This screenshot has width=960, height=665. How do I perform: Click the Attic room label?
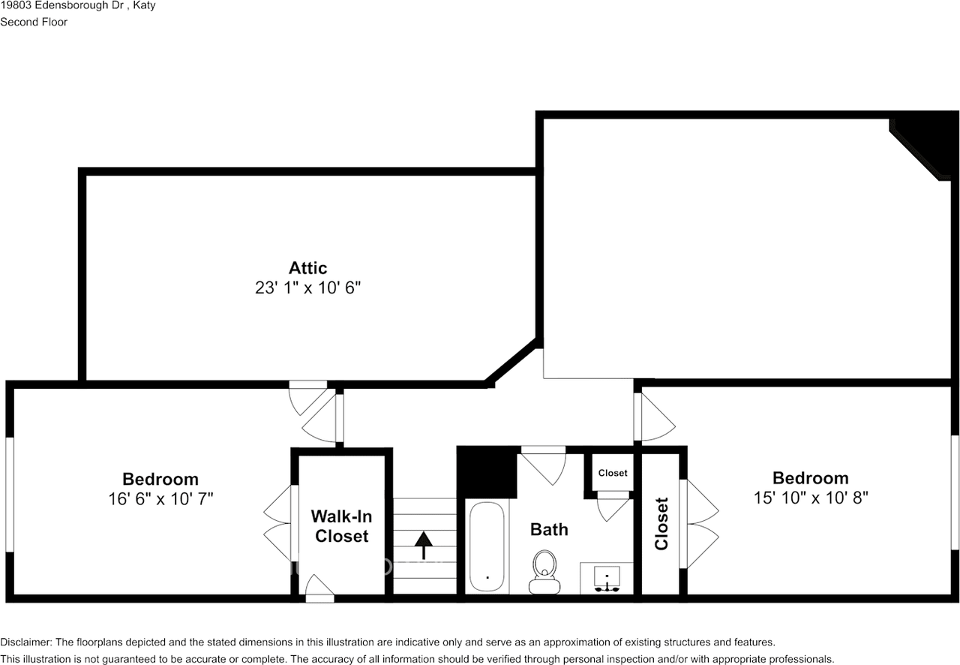click(307, 268)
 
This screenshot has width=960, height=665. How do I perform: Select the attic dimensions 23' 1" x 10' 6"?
click(307, 287)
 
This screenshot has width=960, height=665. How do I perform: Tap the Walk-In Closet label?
click(340, 526)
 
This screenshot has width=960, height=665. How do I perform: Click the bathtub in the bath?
click(487, 547)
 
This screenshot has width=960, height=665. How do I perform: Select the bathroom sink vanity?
click(606, 578)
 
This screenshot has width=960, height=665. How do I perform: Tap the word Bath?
click(549, 530)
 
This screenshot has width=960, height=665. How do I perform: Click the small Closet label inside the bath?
click(613, 473)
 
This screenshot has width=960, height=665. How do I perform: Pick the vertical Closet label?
click(661, 524)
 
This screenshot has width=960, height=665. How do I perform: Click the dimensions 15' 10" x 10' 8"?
click(811, 497)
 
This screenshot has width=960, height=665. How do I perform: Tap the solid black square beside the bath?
click(486, 472)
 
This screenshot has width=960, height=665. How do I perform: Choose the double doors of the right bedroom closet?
click(700, 524)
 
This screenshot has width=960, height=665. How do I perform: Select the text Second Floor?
click(34, 22)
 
